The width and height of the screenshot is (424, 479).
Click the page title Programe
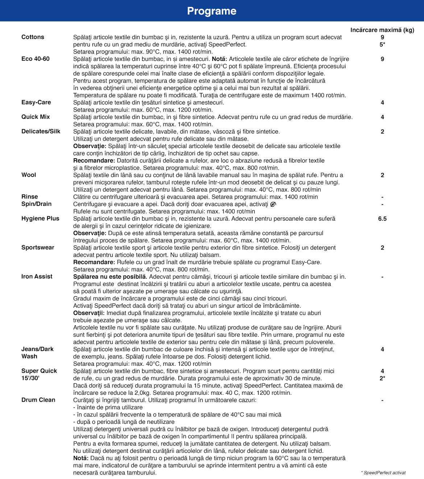tap(212, 11)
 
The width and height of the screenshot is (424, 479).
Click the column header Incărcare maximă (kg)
tap(382, 30)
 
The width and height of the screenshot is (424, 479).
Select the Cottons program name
tap(33, 37)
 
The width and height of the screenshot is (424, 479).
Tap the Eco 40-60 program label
tap(36, 59)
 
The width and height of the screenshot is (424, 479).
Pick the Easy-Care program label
tap(36, 102)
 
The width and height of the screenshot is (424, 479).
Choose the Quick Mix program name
tap(36, 117)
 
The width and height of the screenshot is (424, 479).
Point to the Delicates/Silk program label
tap(41, 131)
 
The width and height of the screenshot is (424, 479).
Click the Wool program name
tap(29, 175)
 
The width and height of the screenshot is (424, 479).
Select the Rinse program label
tap(30, 197)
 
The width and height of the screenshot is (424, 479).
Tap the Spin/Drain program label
tap(36, 204)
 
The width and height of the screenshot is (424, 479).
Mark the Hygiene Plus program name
tap(40, 218)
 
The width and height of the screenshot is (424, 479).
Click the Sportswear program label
tap(38, 247)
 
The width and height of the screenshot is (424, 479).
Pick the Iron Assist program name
tap(37, 277)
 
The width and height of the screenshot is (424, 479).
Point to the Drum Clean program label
tap(38, 400)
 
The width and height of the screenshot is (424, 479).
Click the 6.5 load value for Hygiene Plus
tap(382, 218)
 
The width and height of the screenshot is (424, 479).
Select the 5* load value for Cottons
tap(382, 44)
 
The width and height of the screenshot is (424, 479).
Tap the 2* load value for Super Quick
tap(382, 378)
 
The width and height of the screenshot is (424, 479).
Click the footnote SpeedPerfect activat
tap(384, 472)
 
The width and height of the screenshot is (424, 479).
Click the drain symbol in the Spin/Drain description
tap(273, 204)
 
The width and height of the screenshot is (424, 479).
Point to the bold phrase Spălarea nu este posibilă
tap(110, 277)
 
